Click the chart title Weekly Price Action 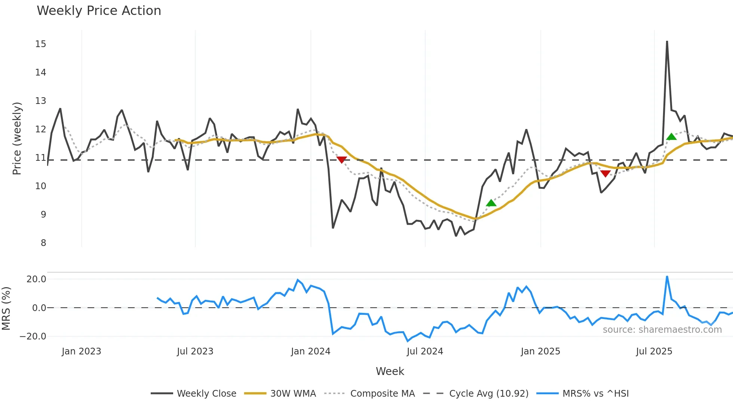point(99,11)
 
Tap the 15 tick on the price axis point(41,44)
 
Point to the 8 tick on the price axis point(43,243)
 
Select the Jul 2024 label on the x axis point(425,351)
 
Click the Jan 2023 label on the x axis point(82,351)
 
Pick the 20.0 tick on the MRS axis point(36,279)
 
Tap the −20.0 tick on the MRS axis point(33,336)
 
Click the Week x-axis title point(390,371)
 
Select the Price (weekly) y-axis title point(17,138)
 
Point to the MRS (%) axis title point(6,308)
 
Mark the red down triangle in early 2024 point(341,160)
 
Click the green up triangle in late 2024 point(491,203)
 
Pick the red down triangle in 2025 point(605,173)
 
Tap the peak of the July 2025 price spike point(667,41)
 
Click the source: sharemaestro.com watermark point(662,330)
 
